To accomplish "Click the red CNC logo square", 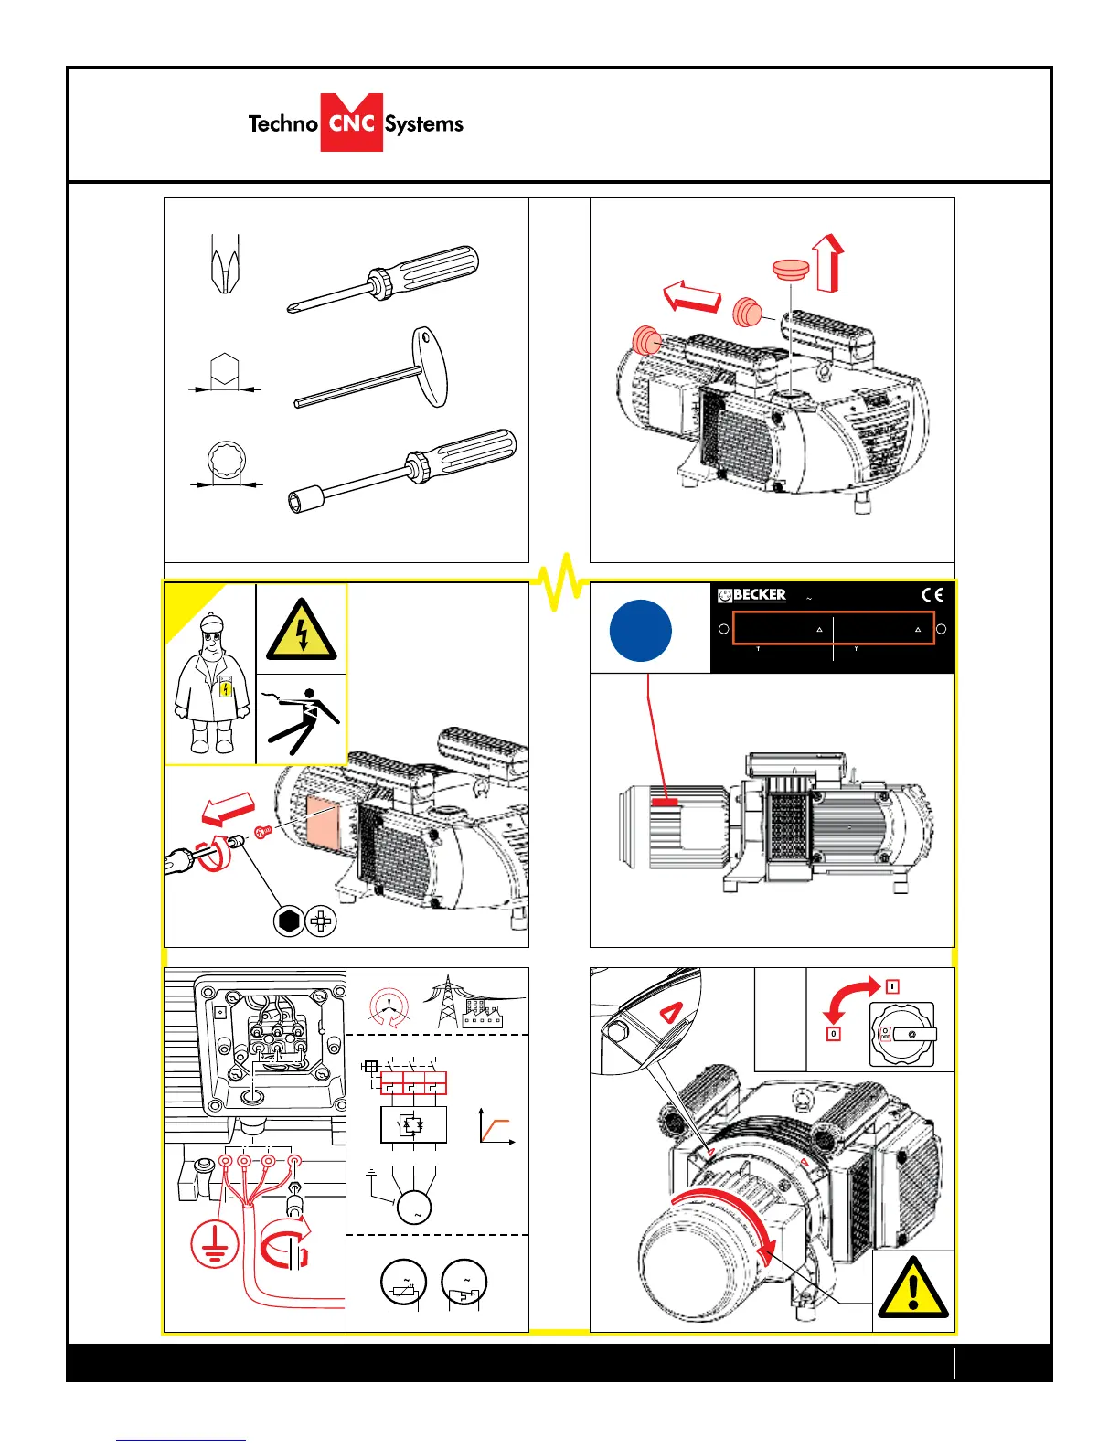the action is pyautogui.click(x=351, y=122).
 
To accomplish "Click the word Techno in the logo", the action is pyautogui.click(x=282, y=123).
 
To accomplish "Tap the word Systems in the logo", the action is pyautogui.click(x=424, y=124).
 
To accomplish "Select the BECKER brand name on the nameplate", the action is pyautogui.click(x=759, y=594).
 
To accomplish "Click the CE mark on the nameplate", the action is pyautogui.click(x=932, y=595).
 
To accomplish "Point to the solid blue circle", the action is pyautogui.click(x=640, y=631).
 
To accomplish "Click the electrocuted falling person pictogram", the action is pyautogui.click(x=303, y=721).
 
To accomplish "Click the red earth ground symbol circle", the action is pyautogui.click(x=214, y=1244).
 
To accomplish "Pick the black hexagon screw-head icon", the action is pyautogui.click(x=289, y=921).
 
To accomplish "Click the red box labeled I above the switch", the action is pyautogui.click(x=892, y=986).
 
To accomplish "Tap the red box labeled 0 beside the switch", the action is pyautogui.click(x=833, y=1034).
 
